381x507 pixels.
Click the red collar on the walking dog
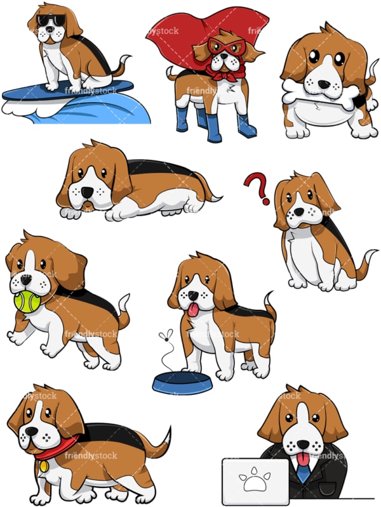[57, 451]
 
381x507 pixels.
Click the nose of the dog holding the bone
[326, 83]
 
